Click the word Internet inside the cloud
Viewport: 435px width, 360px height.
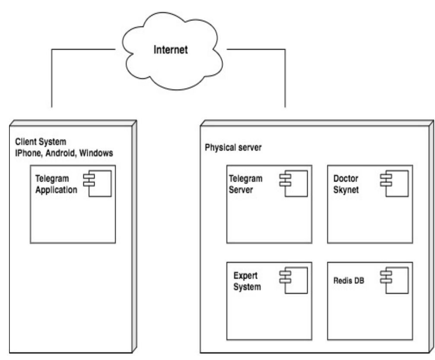(x=171, y=50)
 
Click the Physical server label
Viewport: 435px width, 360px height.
(x=233, y=147)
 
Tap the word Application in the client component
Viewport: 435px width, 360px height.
(x=56, y=189)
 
